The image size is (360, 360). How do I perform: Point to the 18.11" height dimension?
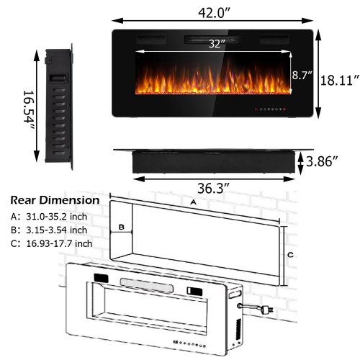(339, 78)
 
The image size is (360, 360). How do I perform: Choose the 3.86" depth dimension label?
(323, 161)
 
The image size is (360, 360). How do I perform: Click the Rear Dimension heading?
(55, 200)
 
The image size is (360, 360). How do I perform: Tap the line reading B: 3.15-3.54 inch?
(49, 230)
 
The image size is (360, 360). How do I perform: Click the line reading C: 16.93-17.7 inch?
(51, 243)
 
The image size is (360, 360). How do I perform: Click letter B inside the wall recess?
(122, 228)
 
